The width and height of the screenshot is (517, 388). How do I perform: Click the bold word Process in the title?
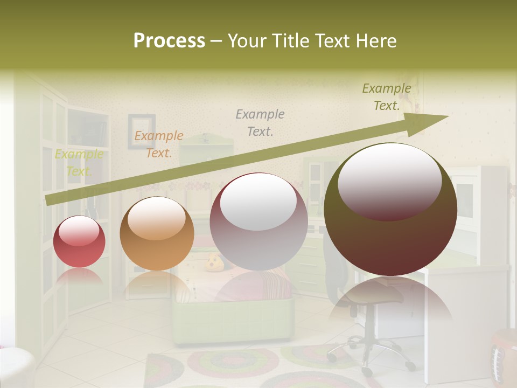[x=169, y=40]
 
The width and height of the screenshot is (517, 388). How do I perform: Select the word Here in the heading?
[x=376, y=40]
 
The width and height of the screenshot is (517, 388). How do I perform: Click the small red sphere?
[x=79, y=241]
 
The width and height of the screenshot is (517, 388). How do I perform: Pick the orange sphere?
[x=157, y=233]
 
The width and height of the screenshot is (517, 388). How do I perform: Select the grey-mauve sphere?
[x=258, y=221]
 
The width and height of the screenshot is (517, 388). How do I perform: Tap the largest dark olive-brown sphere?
[x=390, y=209]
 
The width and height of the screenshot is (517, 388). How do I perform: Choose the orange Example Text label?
[x=159, y=144]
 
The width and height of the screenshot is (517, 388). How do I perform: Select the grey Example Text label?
[x=260, y=122]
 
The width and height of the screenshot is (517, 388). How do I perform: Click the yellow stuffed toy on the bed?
[x=214, y=263]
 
